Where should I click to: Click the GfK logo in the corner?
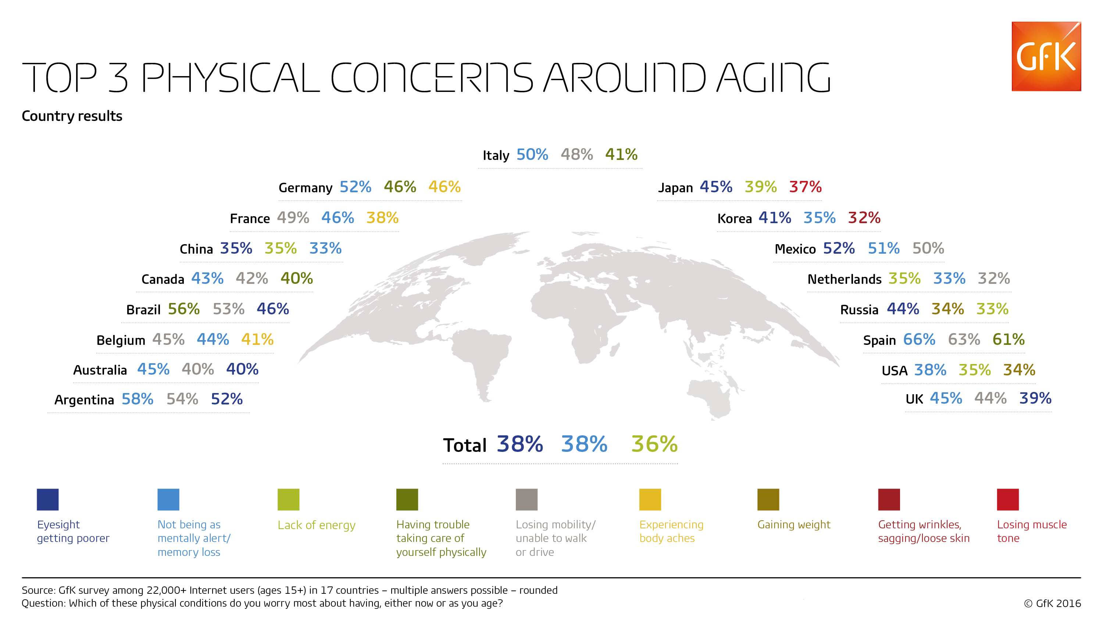1046,56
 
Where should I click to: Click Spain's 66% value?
919,340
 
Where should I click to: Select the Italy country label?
496,155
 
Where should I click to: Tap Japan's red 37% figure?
805,187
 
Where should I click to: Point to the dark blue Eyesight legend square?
47,499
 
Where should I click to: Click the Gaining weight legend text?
793,525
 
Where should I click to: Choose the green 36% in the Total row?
654,444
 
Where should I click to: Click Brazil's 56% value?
184,309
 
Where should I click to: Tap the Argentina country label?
84,400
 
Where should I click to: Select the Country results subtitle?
72,116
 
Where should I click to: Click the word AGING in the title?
773,78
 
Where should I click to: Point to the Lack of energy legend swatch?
288,499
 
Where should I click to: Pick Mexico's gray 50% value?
928,248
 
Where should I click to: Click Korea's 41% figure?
775,218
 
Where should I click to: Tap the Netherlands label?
845,279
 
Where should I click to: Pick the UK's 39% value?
1035,398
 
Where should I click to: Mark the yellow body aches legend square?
650,499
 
